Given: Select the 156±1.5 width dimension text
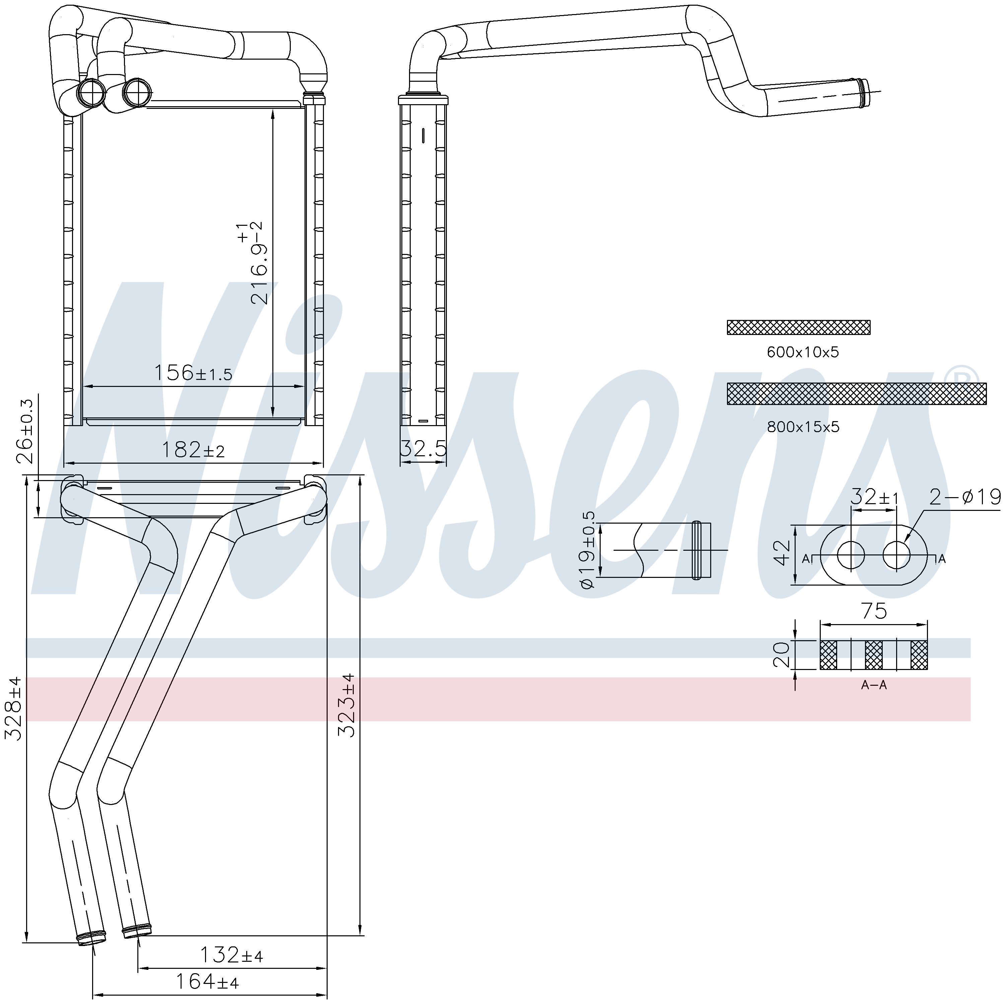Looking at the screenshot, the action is coord(193,373).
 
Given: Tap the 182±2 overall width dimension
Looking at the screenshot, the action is coord(193,450).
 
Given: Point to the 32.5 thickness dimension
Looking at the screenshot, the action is coord(423,448).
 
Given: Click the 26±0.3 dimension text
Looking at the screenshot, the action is coord(25,431).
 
